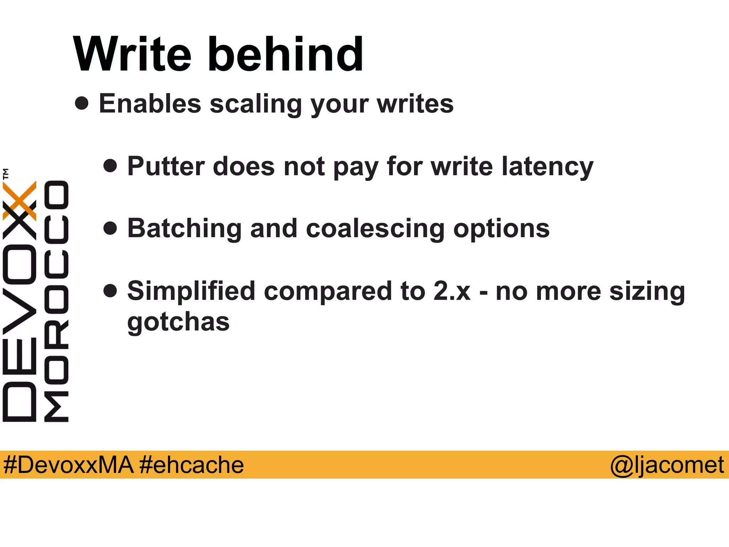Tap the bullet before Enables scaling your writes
(x=82, y=103)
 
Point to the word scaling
(x=256, y=104)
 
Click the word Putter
(x=166, y=166)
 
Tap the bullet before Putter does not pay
(x=110, y=166)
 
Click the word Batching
(x=184, y=229)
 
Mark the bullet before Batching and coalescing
(x=110, y=228)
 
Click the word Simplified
(x=192, y=291)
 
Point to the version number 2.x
(x=452, y=291)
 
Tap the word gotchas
(x=178, y=322)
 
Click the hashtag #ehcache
(x=192, y=465)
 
